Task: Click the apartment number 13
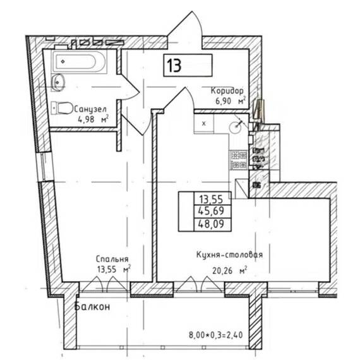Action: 174,66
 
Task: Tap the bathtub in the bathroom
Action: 80,61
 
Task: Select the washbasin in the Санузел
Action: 58,82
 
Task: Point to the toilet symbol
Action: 61,108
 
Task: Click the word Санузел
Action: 90,109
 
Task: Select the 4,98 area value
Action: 87,119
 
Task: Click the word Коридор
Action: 227,91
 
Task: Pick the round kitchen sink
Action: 236,126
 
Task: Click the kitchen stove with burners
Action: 239,160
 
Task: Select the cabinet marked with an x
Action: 204,124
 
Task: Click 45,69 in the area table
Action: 211,211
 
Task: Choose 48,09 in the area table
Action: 211,224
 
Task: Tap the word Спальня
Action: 112,259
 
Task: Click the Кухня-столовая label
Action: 229,255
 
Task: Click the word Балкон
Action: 92,306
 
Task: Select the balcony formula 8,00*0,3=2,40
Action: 215,335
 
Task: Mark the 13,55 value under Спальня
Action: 107,269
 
